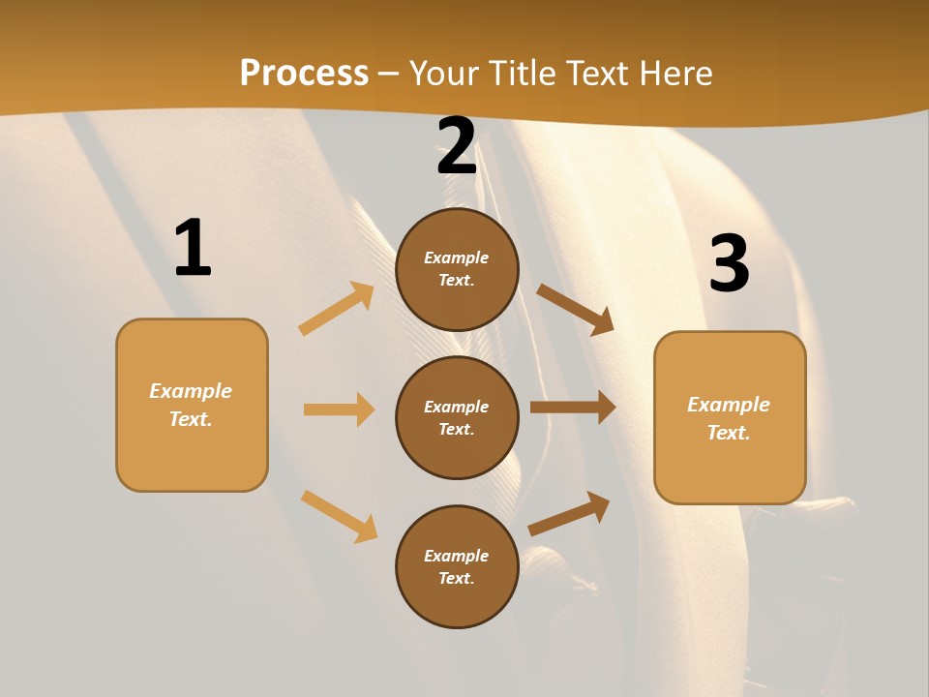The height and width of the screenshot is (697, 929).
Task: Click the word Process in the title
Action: tap(304, 74)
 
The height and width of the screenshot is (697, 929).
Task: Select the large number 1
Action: tap(193, 248)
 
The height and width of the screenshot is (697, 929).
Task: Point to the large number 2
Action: tap(457, 147)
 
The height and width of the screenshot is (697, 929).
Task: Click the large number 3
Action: tap(729, 263)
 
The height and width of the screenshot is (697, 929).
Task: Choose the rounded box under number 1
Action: tap(192, 405)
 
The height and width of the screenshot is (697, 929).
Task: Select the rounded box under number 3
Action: tap(730, 417)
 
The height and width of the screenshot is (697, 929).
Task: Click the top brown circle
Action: tap(457, 269)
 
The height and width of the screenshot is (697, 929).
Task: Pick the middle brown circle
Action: tap(457, 417)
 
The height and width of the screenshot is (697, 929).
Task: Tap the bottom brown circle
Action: tap(457, 566)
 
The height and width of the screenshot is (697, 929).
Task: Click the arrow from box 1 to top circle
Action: tap(337, 309)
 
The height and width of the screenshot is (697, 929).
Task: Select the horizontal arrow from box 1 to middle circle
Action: tap(339, 409)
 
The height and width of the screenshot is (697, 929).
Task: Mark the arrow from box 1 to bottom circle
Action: tap(339, 516)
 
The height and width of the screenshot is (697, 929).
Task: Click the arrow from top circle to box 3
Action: tap(575, 310)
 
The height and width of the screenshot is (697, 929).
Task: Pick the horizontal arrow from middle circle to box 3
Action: tap(573, 407)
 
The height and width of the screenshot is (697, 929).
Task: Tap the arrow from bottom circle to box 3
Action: tap(569, 514)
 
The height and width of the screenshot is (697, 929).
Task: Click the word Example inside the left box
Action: tap(191, 391)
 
